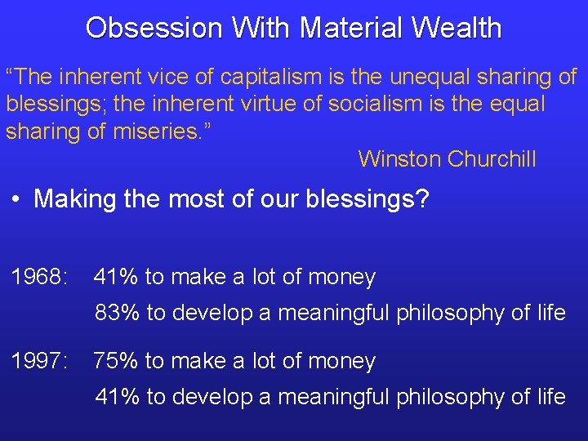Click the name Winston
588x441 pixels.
[399, 158]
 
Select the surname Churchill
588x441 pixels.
[492, 158]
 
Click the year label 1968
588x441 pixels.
[39, 278]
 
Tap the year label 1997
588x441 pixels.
[39, 361]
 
